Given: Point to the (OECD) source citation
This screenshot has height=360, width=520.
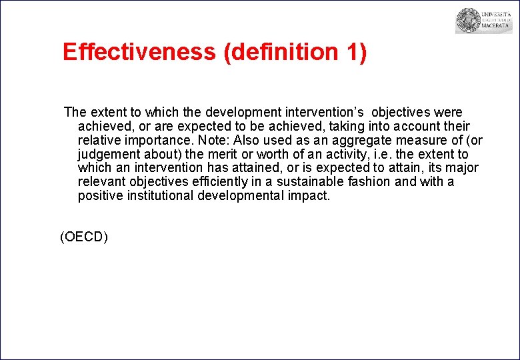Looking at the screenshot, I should pyautogui.click(x=84, y=236).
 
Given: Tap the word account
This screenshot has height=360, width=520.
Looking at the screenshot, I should pyautogui.click(x=410, y=126).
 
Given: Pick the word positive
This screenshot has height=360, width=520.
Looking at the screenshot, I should pyautogui.click(x=98, y=195).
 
